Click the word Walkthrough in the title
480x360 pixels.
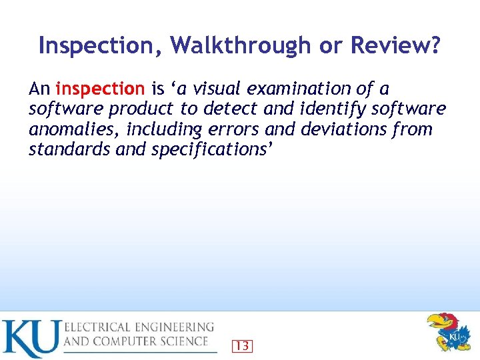240,45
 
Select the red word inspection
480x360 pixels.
100,89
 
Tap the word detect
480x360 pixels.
227,109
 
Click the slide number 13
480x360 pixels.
243,346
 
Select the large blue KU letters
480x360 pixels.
31,339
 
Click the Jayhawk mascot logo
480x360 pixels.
447,333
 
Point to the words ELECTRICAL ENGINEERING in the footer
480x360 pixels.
139,327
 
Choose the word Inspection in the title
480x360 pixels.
100,45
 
